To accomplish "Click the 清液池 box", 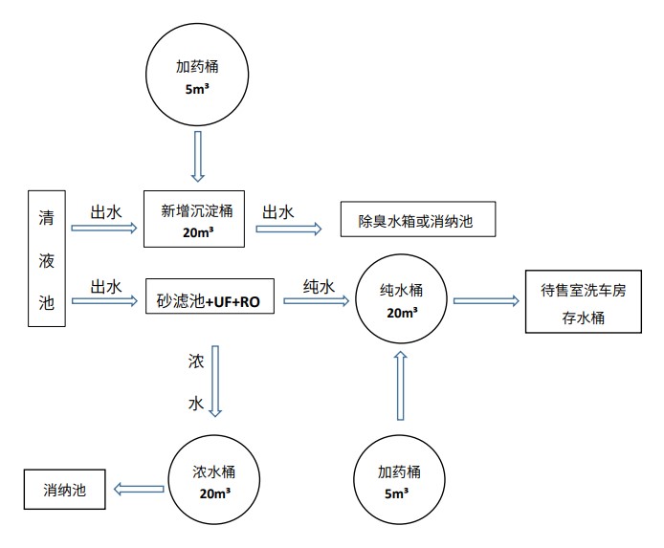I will tap(47, 259).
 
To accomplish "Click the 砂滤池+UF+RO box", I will tap(209, 300).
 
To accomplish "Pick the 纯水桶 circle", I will tap(401, 300).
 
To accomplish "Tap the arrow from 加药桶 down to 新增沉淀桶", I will tap(198, 155).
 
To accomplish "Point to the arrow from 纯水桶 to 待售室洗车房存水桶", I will tap(485, 301).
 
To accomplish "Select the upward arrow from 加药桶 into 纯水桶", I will tap(400, 384).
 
